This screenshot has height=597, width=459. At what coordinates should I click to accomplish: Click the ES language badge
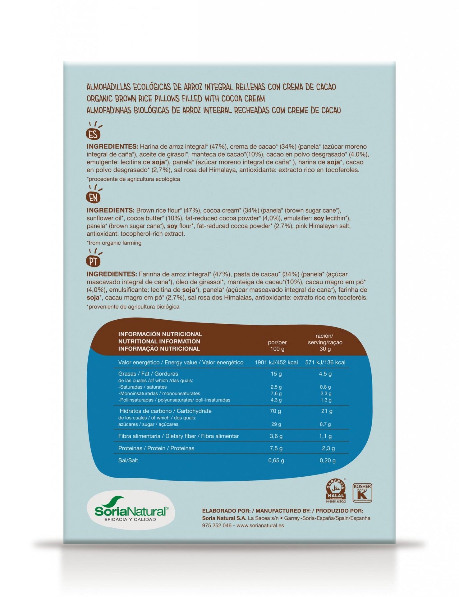click(93, 134)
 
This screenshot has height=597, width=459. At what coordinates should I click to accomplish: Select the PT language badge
click(93, 261)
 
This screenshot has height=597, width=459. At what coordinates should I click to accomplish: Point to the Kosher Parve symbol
click(362, 493)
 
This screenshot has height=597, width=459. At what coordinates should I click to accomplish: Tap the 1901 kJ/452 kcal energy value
click(276, 362)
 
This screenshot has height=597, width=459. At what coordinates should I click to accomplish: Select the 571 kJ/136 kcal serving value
click(325, 362)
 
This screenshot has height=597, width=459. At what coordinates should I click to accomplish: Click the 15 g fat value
click(276, 374)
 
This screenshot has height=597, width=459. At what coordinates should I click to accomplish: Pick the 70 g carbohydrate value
click(275, 411)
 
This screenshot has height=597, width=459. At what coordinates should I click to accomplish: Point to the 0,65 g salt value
click(276, 460)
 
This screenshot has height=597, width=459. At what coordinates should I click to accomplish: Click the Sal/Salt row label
click(128, 460)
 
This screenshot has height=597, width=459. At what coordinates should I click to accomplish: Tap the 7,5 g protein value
click(276, 448)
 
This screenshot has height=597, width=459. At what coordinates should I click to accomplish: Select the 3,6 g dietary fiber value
click(276, 436)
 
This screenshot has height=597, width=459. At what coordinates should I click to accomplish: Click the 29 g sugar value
click(276, 424)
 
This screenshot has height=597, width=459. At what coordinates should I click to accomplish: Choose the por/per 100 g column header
click(277, 345)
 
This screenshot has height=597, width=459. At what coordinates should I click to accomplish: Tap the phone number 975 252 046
click(217, 525)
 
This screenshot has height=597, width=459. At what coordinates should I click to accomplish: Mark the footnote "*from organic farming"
click(114, 243)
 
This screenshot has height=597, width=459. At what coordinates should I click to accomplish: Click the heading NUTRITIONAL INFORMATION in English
click(159, 341)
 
